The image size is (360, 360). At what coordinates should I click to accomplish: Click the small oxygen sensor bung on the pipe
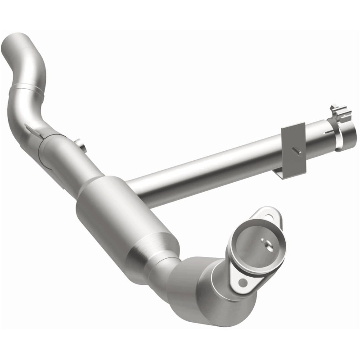80,144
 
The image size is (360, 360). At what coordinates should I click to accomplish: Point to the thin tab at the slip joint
33,130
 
